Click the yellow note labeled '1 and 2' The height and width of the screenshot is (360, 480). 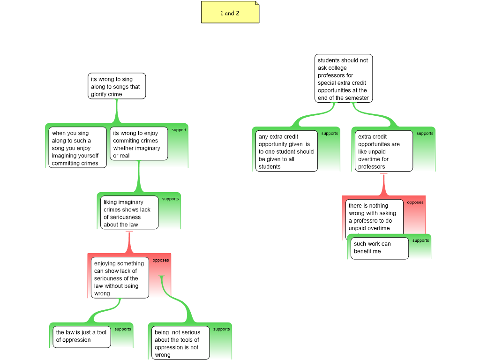230,12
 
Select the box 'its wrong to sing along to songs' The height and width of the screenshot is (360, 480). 117,86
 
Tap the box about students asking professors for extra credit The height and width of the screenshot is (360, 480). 344,78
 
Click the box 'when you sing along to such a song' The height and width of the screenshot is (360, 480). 77,148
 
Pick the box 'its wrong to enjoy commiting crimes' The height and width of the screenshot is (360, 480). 139,143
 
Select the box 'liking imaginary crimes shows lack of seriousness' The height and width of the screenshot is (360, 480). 129,212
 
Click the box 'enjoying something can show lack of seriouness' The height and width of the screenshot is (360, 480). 120,277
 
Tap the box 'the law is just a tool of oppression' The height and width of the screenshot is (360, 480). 82,337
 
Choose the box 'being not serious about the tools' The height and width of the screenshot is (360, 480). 180,343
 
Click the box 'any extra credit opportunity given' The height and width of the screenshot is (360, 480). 286,151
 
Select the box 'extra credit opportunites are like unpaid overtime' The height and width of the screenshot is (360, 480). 384,151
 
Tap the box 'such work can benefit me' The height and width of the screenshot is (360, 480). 380,248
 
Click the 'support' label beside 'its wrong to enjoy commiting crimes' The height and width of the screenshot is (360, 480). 179,130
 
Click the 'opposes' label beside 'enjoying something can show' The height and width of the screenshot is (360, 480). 161,260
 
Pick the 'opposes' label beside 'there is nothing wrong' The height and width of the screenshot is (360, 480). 415,202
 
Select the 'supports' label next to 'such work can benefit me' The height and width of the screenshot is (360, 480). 420,240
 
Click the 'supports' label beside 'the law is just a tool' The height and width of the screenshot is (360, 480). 123,329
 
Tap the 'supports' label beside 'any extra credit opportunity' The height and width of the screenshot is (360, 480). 330,134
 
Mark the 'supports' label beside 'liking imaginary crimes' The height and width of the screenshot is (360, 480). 170,199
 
